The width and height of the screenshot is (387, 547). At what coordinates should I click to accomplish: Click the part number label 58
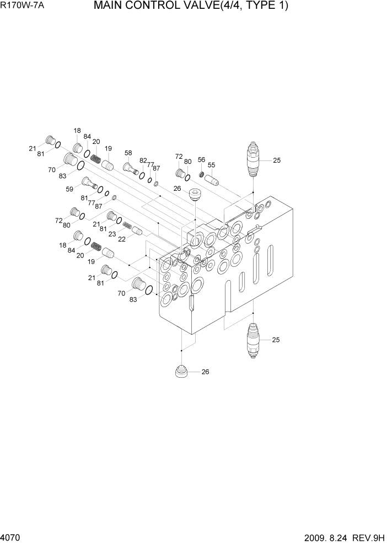click(128, 153)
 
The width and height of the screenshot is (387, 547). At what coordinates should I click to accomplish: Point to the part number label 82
click(143, 161)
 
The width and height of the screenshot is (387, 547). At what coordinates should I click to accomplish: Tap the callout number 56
click(201, 159)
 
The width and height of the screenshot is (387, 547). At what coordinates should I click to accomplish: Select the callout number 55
click(211, 165)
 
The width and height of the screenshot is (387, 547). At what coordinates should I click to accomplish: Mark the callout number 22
click(122, 238)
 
